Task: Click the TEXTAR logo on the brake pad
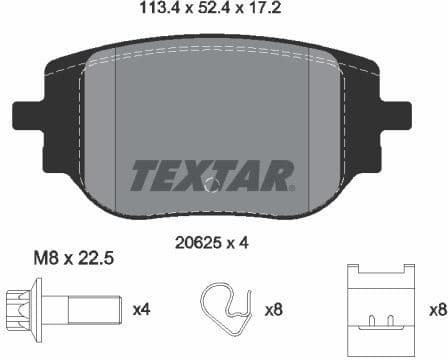(212, 173)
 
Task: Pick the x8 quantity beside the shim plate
(436, 310)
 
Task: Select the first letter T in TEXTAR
(143, 173)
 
